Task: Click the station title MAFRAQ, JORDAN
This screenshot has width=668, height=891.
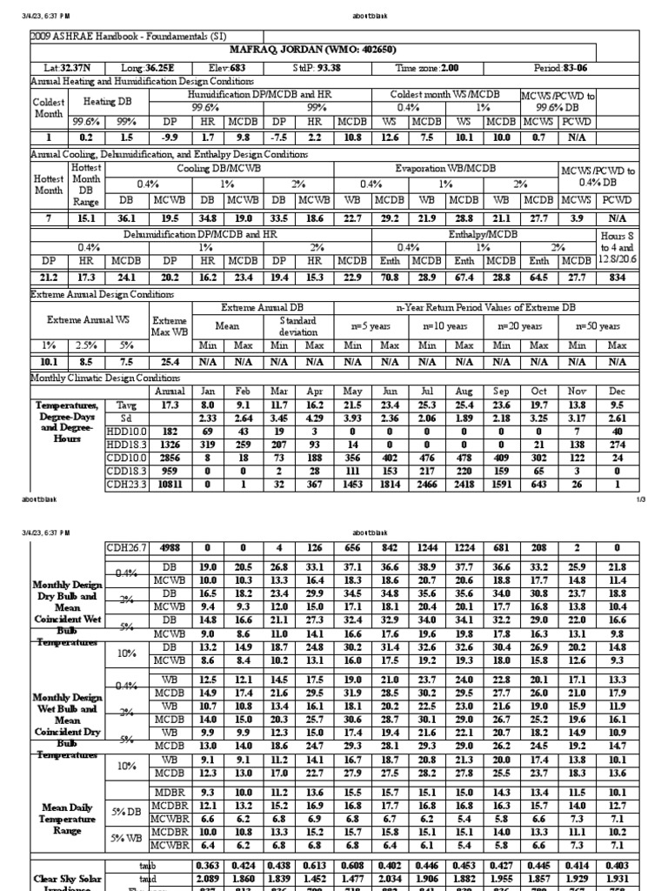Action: point(334,50)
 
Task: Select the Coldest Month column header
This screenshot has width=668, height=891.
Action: point(48,108)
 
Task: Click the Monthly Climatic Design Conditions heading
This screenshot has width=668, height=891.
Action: point(106,379)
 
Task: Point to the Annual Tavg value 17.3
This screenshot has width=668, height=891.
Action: point(170,405)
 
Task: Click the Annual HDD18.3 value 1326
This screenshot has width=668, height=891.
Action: point(170,444)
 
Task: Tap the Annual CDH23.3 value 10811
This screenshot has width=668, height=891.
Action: point(170,483)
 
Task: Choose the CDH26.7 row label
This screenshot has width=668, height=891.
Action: point(126,546)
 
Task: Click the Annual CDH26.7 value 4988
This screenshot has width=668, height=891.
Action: point(170,546)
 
